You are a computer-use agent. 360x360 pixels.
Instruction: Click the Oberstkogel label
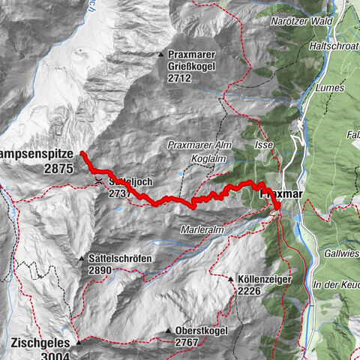pos(200,331)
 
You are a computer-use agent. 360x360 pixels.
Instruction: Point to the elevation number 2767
pos(187,342)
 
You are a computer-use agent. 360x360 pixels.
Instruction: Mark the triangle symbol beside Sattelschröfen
pos(82,259)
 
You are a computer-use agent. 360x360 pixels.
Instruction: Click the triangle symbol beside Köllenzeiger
pos(231,279)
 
